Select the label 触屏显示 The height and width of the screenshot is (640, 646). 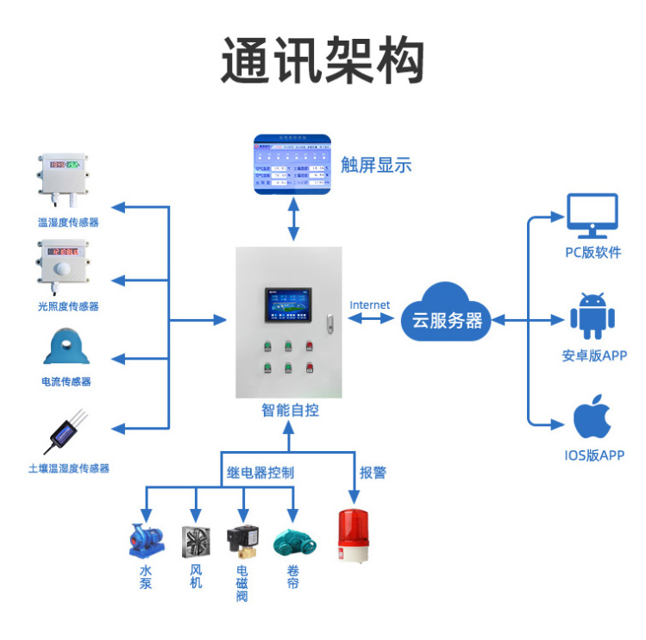pyautogui.click(x=376, y=165)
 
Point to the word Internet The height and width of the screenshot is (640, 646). pyautogui.click(x=369, y=304)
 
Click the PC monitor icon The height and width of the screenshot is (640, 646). pyautogui.click(x=593, y=216)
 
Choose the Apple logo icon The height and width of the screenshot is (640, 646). pyautogui.click(x=593, y=417)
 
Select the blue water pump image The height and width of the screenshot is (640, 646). pyautogui.click(x=145, y=540)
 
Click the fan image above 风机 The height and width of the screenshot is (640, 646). pyautogui.click(x=196, y=541)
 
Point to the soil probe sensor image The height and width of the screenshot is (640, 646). pyautogui.click(x=65, y=433)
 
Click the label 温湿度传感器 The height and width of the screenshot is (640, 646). pyautogui.click(x=68, y=223)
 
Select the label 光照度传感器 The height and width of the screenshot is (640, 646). pyautogui.click(x=68, y=306)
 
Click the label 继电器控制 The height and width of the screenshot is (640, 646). pyautogui.click(x=260, y=473)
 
